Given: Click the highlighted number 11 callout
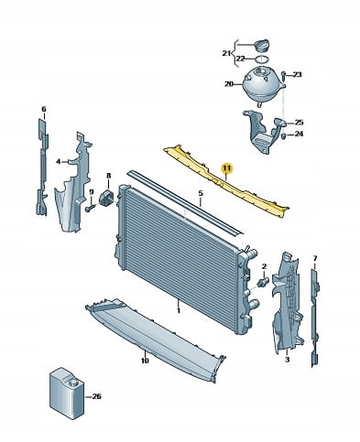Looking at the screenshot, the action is (x=227, y=168).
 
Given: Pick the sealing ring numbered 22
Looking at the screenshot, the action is (x=262, y=59).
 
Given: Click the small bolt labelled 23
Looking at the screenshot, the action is (x=283, y=76).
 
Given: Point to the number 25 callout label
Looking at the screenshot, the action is (x=299, y=123).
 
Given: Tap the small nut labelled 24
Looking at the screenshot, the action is (x=283, y=135).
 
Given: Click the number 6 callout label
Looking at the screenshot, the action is (x=44, y=109).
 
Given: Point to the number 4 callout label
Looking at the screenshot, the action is (x=59, y=162).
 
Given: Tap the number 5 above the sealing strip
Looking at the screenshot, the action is (x=201, y=193).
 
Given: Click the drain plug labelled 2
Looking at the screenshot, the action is (x=264, y=282).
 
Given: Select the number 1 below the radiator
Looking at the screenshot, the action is (x=179, y=311).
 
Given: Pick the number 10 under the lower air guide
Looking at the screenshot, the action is (x=145, y=361).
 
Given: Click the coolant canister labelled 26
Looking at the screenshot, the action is (x=66, y=393).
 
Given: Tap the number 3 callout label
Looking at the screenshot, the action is (x=287, y=360).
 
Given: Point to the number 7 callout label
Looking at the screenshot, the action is (x=315, y=259).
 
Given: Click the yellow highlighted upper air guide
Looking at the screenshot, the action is (x=226, y=182).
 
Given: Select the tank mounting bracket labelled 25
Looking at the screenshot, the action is (x=264, y=132).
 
